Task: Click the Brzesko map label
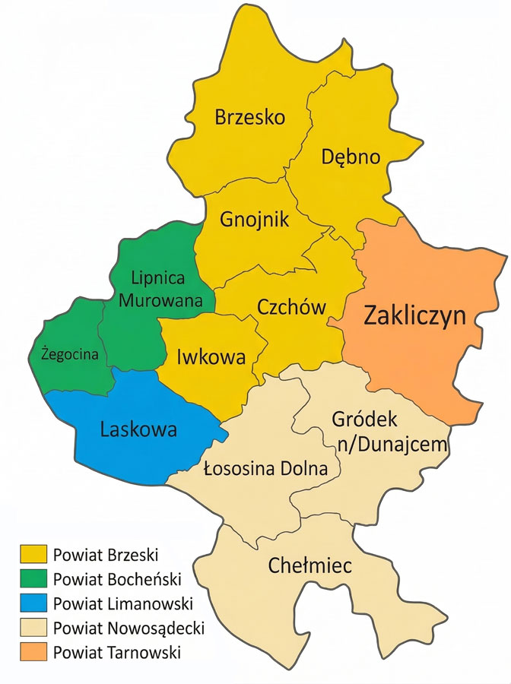[249, 118]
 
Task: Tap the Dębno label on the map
[350, 157]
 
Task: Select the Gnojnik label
[255, 220]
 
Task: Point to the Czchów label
[291, 308]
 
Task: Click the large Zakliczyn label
[414, 315]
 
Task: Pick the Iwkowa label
[211, 356]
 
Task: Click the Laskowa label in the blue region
[138, 429]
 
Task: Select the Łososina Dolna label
[266, 469]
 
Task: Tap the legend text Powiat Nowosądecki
[129, 629]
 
